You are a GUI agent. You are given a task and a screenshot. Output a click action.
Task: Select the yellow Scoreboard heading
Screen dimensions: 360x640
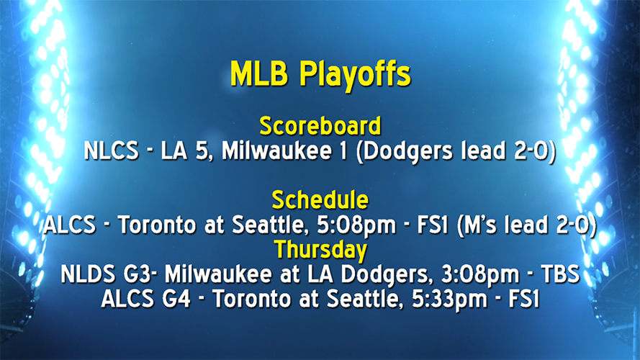click(x=320, y=126)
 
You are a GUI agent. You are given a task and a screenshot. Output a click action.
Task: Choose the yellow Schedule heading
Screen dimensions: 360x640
click(x=320, y=199)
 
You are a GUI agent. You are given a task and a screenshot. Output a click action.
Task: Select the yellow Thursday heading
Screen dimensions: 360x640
click(x=320, y=250)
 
